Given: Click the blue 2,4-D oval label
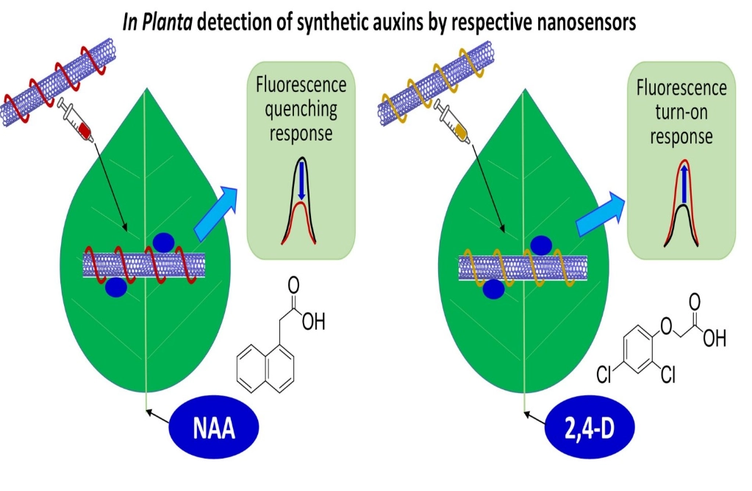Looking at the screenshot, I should click(590, 428).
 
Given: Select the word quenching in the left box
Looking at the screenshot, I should click(301, 110).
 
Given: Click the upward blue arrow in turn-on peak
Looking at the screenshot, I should click(683, 184).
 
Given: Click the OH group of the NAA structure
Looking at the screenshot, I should click(313, 323).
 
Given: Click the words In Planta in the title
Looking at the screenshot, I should click(159, 22).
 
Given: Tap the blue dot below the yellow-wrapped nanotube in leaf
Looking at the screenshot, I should click(493, 289).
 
